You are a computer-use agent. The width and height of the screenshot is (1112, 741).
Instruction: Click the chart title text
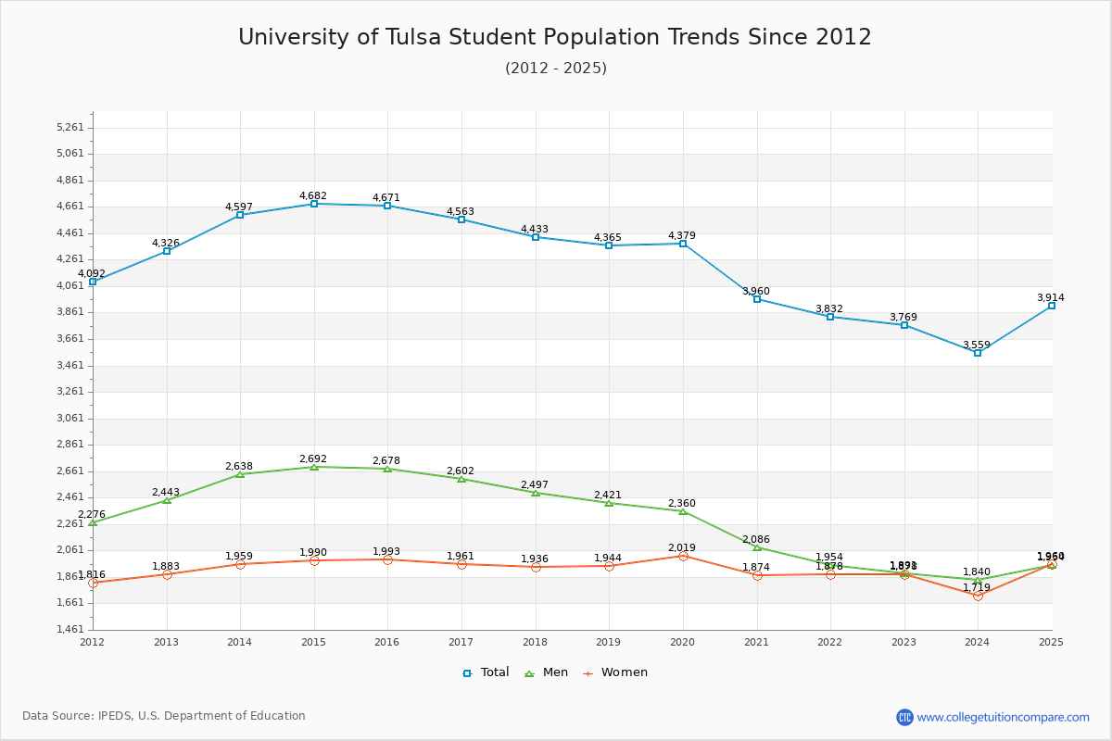[555, 37]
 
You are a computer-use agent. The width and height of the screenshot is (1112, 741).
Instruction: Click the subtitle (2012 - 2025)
[555, 68]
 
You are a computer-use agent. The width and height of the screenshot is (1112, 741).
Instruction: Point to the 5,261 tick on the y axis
[69, 128]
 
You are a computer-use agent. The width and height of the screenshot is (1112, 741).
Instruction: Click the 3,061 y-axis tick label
[69, 418]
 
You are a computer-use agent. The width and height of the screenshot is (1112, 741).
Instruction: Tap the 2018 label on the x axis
[535, 642]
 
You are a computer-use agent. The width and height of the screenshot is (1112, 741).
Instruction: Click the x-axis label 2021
[756, 642]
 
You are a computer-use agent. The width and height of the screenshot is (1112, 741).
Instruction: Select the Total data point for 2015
[314, 204]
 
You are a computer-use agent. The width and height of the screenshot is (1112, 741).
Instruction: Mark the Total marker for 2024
[978, 353]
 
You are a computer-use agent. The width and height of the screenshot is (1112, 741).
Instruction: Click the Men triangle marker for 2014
[240, 474]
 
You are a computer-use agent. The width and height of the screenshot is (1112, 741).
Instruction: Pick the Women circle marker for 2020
[683, 556]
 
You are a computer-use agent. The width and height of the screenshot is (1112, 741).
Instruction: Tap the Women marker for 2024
[978, 596]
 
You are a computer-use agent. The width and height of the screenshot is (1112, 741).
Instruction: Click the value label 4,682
[313, 195]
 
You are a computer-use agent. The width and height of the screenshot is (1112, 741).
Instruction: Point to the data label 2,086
[756, 539]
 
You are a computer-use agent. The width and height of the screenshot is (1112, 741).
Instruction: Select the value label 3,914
[1051, 297]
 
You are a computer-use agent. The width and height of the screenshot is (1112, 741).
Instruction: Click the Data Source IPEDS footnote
[164, 716]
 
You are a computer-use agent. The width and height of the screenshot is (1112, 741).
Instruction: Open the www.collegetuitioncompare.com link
[1004, 717]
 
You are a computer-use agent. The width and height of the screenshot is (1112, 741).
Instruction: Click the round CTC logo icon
[904, 717]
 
